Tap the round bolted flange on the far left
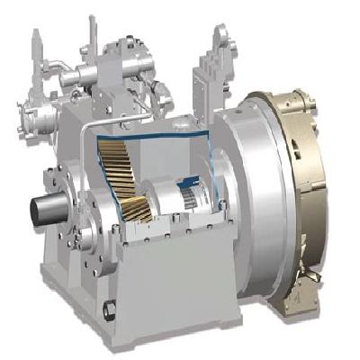(x=27, y=121)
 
